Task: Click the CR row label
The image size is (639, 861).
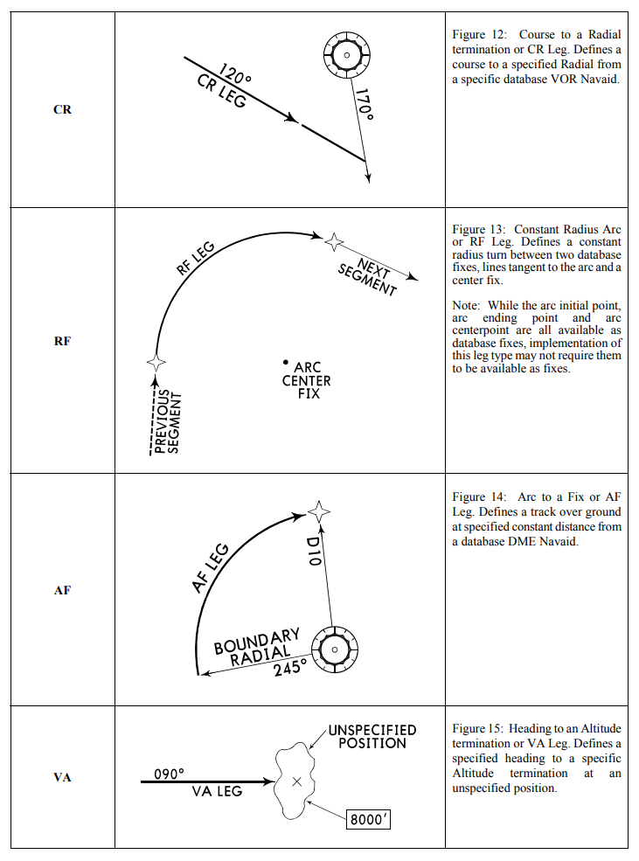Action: [62, 110]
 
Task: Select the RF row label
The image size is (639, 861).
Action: [62, 341]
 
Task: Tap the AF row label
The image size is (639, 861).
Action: [62, 590]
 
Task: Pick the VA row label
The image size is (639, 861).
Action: [62, 776]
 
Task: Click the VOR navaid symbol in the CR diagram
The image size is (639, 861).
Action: [347, 55]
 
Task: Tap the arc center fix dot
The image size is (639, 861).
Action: [286, 362]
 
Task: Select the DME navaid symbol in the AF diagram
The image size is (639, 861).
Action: [334, 649]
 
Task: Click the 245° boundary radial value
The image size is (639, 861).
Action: [289, 670]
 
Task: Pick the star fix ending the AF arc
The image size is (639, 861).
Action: [320, 510]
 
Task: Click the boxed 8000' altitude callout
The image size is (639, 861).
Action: [367, 822]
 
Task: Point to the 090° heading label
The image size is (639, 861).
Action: [170, 774]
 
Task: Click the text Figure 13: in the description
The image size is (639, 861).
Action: [479, 230]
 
